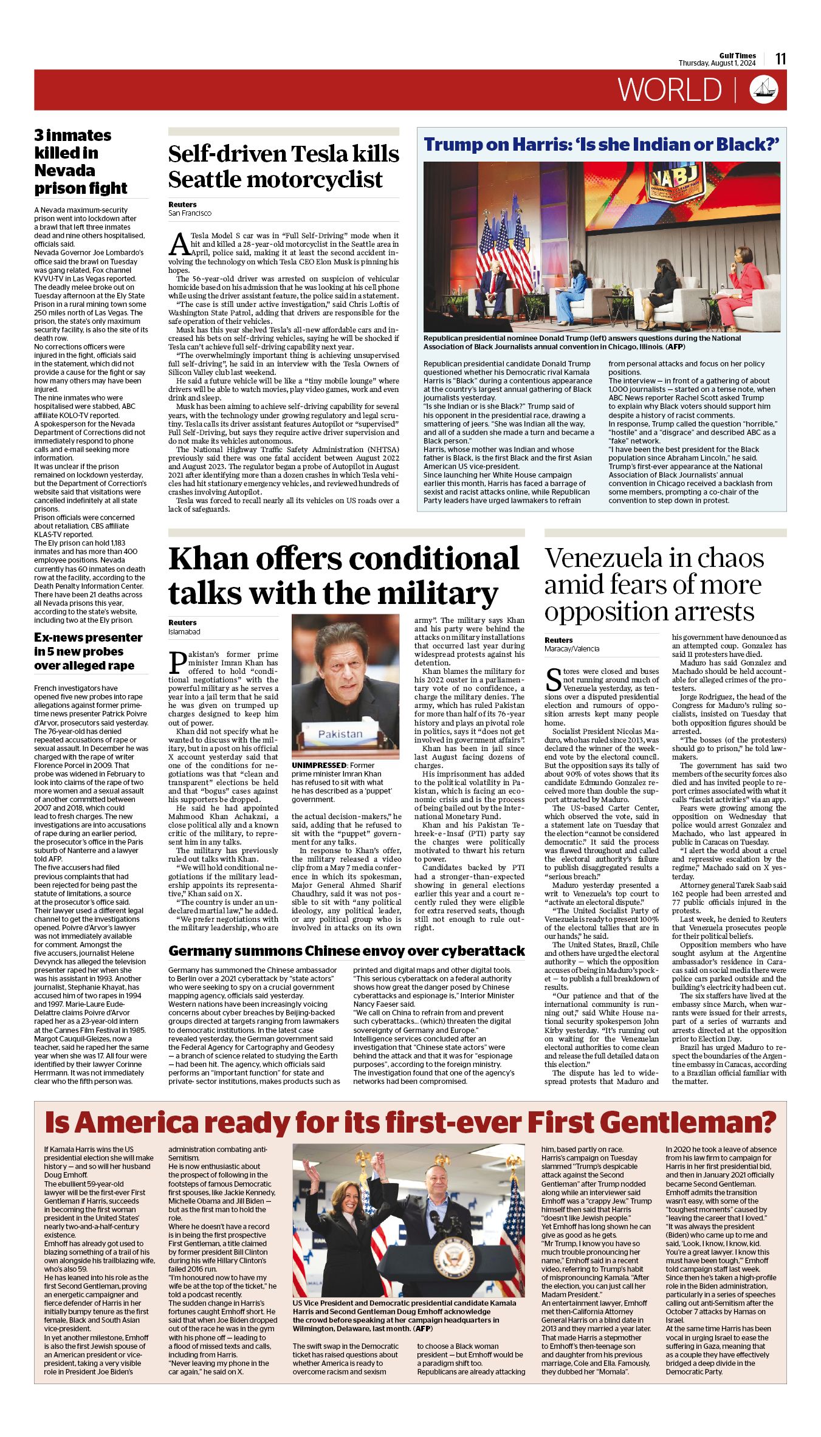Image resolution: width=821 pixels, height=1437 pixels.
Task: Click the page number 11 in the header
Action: [781, 58]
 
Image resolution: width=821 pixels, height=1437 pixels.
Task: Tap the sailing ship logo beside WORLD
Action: [764, 89]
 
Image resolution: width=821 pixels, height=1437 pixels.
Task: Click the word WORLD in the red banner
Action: [670, 90]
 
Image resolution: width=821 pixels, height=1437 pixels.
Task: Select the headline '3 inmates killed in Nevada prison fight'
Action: [81, 162]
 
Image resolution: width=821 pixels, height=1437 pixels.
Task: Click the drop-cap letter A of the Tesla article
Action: [179, 244]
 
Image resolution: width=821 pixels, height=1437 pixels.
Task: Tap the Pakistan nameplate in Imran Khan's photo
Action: [340, 734]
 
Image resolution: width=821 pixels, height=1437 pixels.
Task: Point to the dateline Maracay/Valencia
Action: [571, 648]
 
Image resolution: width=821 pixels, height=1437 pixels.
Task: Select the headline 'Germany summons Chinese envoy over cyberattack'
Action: [346, 951]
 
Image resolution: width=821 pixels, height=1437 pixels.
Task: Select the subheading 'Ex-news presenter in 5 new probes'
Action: [88, 651]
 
